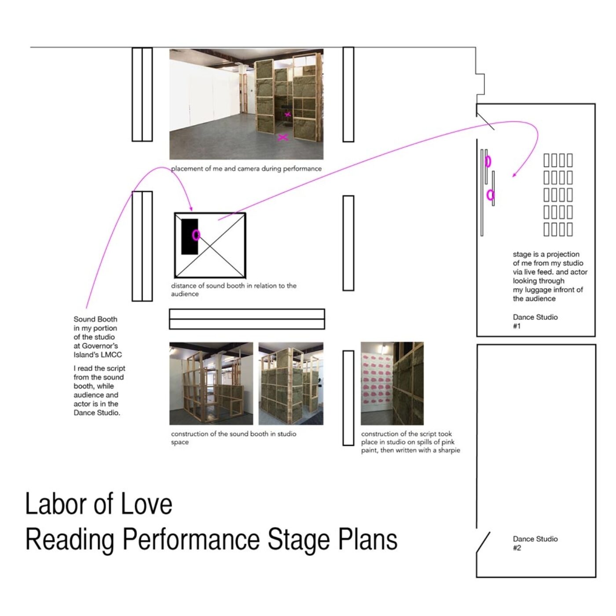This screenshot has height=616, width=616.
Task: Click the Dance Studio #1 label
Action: click(x=535, y=321)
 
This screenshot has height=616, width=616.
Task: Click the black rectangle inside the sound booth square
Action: click(x=190, y=237)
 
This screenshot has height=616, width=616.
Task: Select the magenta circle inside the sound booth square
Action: click(x=196, y=235)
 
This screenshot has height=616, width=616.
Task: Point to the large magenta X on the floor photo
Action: click(x=283, y=137)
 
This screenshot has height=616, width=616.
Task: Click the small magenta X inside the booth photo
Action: click(x=288, y=114)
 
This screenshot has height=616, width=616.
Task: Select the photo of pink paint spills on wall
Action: click(x=392, y=383)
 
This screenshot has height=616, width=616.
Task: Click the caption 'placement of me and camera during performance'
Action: click(x=246, y=169)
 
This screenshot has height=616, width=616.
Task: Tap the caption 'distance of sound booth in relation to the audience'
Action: click(x=234, y=290)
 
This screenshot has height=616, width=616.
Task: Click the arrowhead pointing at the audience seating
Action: click(x=514, y=175)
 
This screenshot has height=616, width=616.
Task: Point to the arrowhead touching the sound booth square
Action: click(x=191, y=209)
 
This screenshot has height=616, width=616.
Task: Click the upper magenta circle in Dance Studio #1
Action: click(x=488, y=162)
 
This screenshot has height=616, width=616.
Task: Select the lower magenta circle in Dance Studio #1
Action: click(x=490, y=195)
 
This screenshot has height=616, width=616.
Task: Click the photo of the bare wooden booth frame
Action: click(x=211, y=384)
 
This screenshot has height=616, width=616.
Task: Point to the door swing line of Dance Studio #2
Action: click(x=483, y=542)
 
